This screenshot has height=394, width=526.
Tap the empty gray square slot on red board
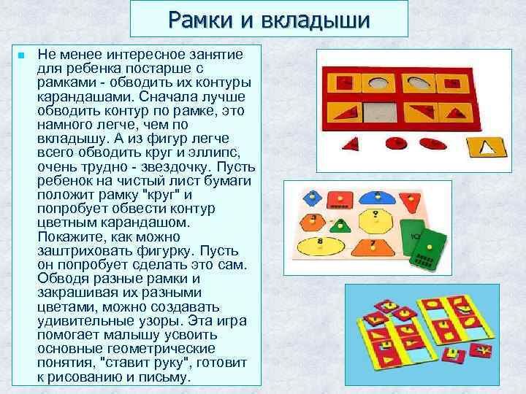[x=380, y=113]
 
